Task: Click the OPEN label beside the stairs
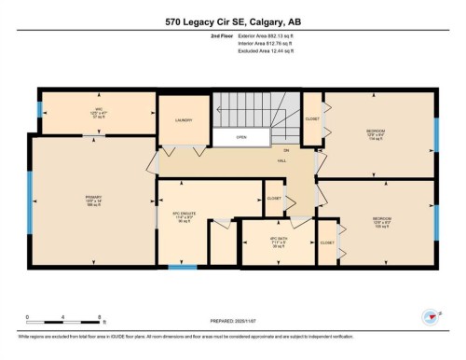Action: pyautogui.click(x=240, y=137)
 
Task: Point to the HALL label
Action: pyautogui.click(x=281, y=160)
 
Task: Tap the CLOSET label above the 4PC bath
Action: pyautogui.click(x=274, y=199)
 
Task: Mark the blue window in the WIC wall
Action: pyautogui.click(x=39, y=109)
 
